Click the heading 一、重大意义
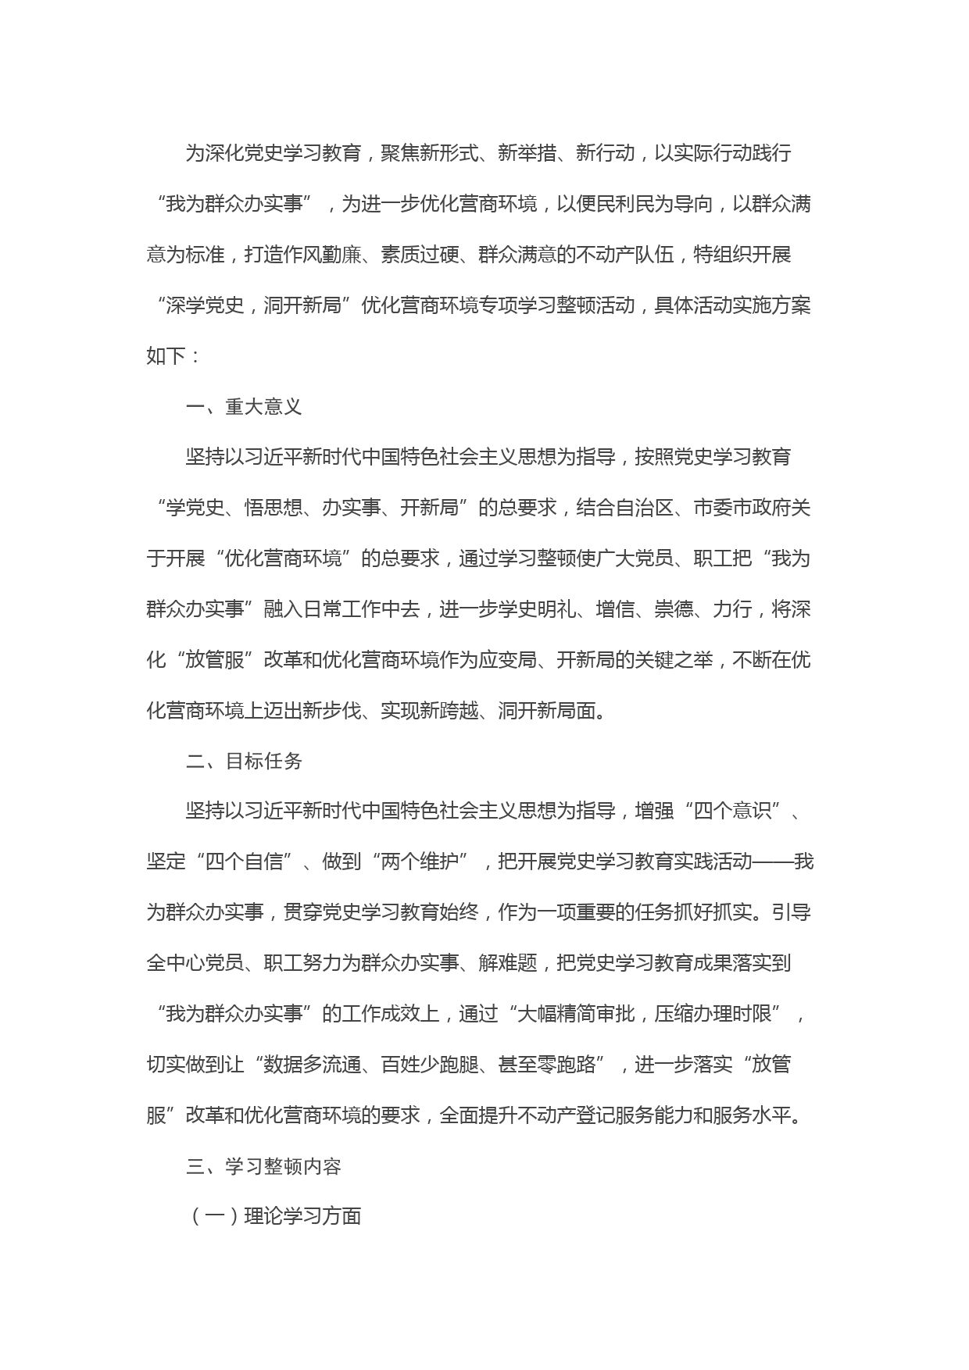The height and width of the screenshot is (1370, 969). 244,407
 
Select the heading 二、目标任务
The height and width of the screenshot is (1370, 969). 244,762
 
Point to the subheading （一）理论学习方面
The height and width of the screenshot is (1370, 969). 274,1217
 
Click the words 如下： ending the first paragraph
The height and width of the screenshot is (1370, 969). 173,356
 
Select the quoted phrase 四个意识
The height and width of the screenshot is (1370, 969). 732,812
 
